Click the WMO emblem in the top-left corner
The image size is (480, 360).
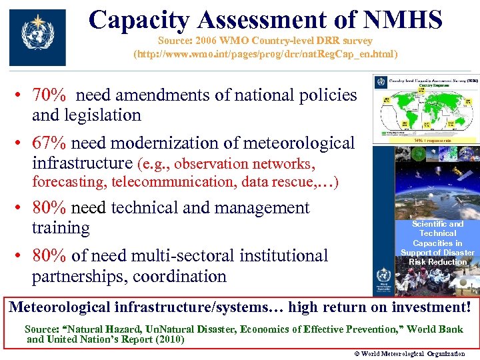tap(37, 37)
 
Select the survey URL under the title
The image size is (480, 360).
tap(265, 53)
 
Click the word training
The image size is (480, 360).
tap(61, 228)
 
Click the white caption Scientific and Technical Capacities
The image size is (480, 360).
tap(437, 243)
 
